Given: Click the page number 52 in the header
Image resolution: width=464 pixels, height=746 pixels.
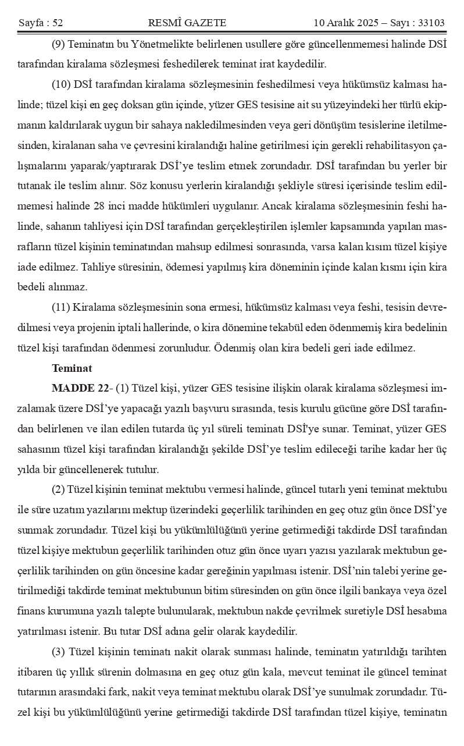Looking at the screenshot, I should click(x=57, y=23).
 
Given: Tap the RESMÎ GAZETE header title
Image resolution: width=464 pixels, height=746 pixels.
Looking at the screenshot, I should click(x=187, y=23).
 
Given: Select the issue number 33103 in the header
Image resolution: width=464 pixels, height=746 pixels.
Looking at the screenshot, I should click(x=430, y=23).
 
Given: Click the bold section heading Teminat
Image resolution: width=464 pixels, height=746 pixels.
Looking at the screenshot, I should click(x=72, y=368).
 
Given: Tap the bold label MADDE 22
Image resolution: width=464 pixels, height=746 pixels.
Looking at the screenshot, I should click(x=79, y=388).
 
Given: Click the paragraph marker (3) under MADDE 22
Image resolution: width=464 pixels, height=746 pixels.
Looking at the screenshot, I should click(x=59, y=652).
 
